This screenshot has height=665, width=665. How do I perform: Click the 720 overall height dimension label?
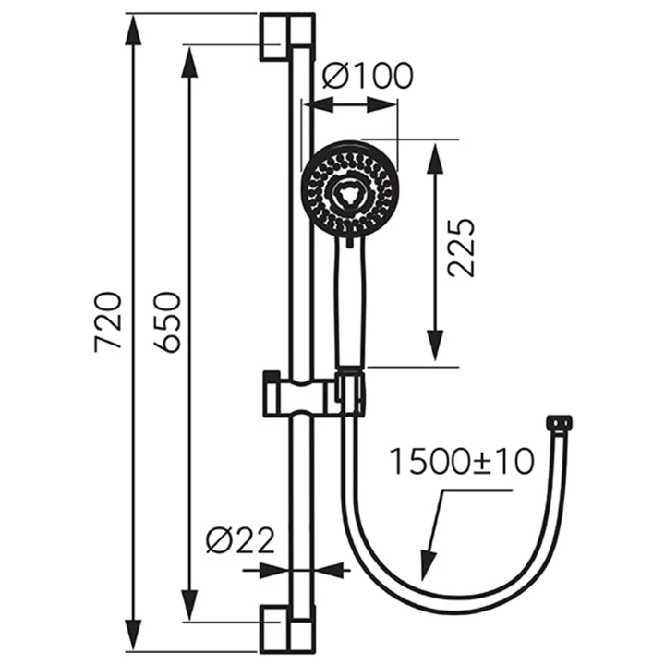pyautogui.click(x=108, y=320)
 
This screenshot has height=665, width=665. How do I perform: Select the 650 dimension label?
pyautogui.click(x=166, y=320)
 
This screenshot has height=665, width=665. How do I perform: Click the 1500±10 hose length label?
pyautogui.click(x=461, y=459)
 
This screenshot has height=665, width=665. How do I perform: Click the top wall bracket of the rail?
pyautogui.click(x=286, y=36)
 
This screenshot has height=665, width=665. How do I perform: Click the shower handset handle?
pyautogui.click(x=351, y=305)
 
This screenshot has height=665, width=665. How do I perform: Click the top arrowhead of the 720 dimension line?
pyautogui.click(x=134, y=30)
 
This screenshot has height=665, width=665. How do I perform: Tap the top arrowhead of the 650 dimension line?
pyautogui.click(x=190, y=60)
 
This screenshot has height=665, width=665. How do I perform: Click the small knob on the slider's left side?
pyautogui.click(x=271, y=378)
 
